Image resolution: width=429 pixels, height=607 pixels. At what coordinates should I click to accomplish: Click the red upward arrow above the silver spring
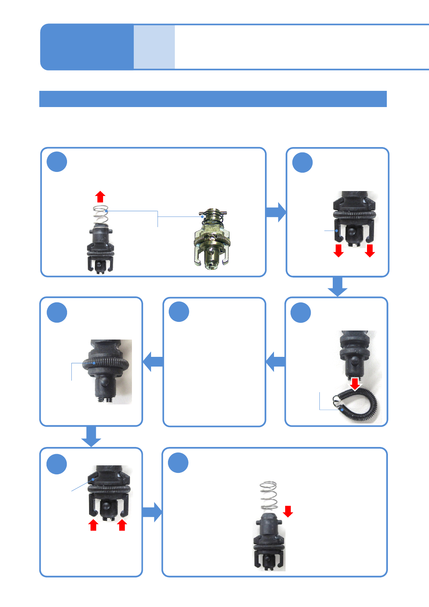click(x=100, y=197)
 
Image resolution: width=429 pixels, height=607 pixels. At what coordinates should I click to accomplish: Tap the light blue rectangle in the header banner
click(x=154, y=47)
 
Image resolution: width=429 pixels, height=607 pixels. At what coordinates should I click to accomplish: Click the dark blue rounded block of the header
click(x=87, y=47)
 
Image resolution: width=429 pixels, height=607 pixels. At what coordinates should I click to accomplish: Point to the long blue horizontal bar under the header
click(x=213, y=99)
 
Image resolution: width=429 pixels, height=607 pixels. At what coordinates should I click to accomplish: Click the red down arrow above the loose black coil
click(x=355, y=384)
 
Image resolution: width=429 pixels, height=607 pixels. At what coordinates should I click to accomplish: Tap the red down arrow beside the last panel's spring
click(x=288, y=511)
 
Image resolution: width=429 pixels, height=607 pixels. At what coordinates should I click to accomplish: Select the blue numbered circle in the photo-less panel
click(x=179, y=312)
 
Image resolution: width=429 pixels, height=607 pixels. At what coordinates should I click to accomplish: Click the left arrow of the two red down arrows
click(x=338, y=251)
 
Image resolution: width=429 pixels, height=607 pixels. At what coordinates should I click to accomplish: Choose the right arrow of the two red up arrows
click(x=122, y=525)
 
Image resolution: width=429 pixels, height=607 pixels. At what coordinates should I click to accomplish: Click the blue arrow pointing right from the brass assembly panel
click(x=276, y=212)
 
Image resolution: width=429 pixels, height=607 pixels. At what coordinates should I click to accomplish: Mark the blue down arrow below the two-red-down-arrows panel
click(x=337, y=287)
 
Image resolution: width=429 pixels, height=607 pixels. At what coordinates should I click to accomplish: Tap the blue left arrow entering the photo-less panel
click(x=275, y=362)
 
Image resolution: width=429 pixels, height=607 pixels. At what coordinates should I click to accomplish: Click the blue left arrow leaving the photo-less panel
click(x=153, y=362)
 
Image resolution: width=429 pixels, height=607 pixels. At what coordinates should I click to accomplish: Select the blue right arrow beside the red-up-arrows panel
click(x=152, y=512)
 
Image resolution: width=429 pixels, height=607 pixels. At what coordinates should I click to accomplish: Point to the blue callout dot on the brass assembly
click(x=203, y=217)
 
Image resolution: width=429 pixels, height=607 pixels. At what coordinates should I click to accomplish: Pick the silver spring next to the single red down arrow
click(x=269, y=495)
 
